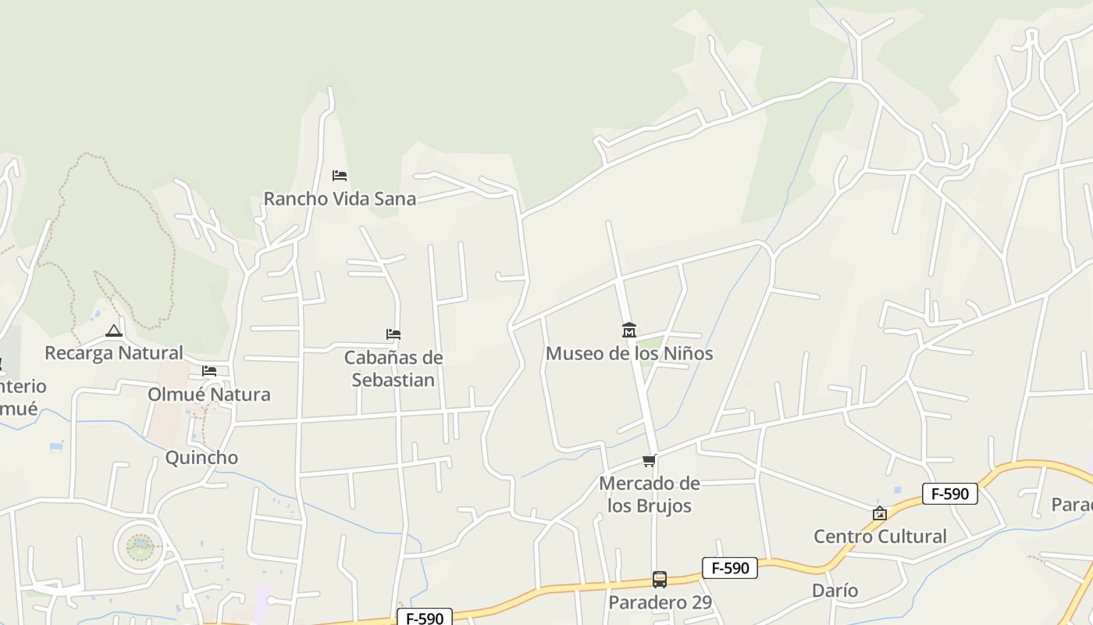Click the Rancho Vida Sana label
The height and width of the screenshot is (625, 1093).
[x=340, y=198]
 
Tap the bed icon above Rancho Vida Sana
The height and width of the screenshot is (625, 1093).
[x=340, y=176]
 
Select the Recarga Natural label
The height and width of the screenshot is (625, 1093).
[x=114, y=352]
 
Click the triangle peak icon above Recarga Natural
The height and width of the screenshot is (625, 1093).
[x=114, y=331]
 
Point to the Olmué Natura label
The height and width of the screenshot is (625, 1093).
[x=209, y=394]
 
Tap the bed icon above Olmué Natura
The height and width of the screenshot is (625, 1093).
[x=209, y=371]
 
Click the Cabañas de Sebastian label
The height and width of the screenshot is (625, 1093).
[x=393, y=369]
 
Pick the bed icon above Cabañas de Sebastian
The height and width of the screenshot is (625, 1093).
[x=393, y=334]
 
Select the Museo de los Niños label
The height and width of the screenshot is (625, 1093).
[x=629, y=353]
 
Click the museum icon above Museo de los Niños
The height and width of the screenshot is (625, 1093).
[x=629, y=330]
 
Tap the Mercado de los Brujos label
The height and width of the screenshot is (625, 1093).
[x=650, y=495]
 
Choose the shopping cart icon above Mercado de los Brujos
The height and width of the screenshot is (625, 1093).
[x=650, y=461]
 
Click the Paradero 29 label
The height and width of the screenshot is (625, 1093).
[x=660, y=602]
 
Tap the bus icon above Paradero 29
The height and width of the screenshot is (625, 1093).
[x=660, y=580]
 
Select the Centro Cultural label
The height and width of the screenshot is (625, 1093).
[x=880, y=536]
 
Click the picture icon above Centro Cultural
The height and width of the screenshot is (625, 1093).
[x=880, y=513]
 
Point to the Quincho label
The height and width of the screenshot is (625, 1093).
[x=201, y=457]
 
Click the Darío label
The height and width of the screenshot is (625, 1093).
[x=835, y=590]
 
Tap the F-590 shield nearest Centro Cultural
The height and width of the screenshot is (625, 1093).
[x=949, y=494]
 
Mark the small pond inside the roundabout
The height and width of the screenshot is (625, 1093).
[x=141, y=545]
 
